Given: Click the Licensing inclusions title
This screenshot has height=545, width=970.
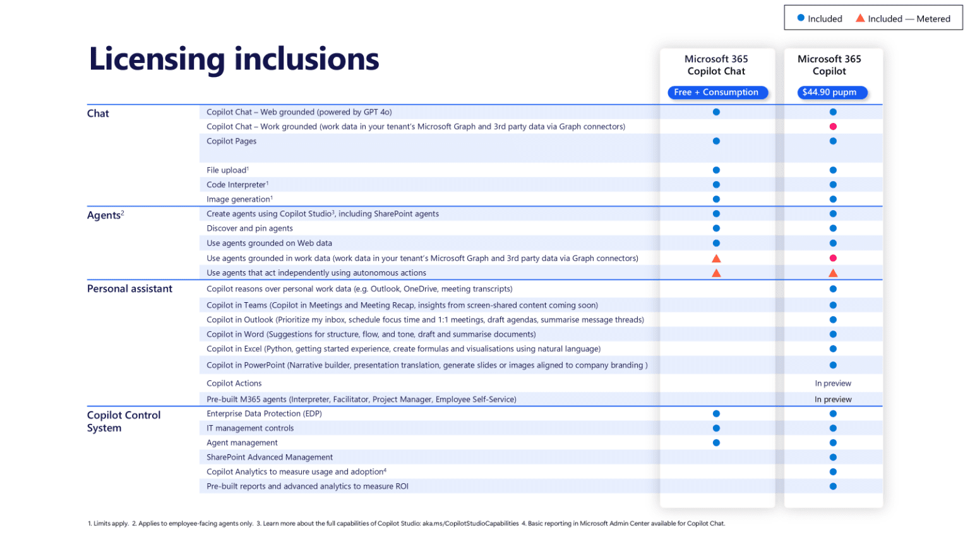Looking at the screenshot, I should [x=234, y=59].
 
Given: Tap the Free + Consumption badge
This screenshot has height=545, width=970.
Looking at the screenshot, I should [x=717, y=93].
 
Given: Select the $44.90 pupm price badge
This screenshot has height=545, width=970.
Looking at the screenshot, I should [x=830, y=93].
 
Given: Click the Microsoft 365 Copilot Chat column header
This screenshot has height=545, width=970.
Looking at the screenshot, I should [x=716, y=65].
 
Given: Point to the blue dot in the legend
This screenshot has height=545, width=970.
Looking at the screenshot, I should [x=801, y=18].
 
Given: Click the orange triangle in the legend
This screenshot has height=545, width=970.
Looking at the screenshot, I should [x=860, y=18].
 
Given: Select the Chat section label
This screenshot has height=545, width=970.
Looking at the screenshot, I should [x=98, y=114].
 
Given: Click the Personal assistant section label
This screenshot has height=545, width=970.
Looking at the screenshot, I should [x=129, y=289].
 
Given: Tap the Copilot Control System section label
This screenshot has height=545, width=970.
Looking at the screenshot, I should [x=124, y=421].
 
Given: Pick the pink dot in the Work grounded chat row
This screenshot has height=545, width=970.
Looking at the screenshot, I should [x=833, y=127].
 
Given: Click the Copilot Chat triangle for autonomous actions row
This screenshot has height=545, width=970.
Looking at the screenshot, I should [x=716, y=273].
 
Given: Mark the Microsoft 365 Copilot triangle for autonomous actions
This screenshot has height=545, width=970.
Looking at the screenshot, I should [x=833, y=273].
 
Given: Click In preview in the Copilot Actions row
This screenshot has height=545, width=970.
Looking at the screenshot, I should [x=833, y=384].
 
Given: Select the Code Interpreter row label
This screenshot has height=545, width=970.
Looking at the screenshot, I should [x=237, y=185].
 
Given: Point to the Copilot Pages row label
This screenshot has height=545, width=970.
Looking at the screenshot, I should [x=232, y=141].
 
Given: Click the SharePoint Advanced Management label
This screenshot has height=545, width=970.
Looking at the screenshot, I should [x=270, y=457].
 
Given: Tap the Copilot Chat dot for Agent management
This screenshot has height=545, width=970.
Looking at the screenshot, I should [x=716, y=443].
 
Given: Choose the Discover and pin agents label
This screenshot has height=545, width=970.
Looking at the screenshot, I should [x=249, y=228].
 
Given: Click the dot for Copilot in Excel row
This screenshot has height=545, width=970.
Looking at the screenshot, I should [x=833, y=349].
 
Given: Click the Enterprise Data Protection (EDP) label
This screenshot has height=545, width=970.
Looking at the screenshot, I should [x=264, y=414].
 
